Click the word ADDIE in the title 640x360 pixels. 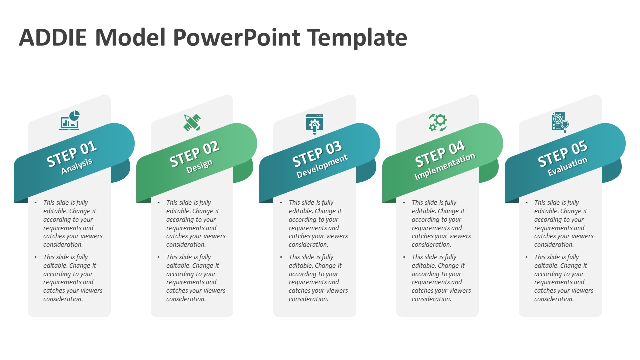point(53,37)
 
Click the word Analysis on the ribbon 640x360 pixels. point(77,166)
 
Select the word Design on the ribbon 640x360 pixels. point(199,166)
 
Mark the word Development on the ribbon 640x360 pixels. point(322,166)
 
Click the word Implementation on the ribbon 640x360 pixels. point(445,166)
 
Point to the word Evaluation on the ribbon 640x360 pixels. point(567,166)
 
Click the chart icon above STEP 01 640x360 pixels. point(69,120)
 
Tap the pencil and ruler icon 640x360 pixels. point(192,122)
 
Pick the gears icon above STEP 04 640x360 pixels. point(437,122)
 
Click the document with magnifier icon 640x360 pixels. point(560,122)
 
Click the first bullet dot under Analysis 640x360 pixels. point(35,203)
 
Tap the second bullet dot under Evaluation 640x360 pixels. point(527,257)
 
